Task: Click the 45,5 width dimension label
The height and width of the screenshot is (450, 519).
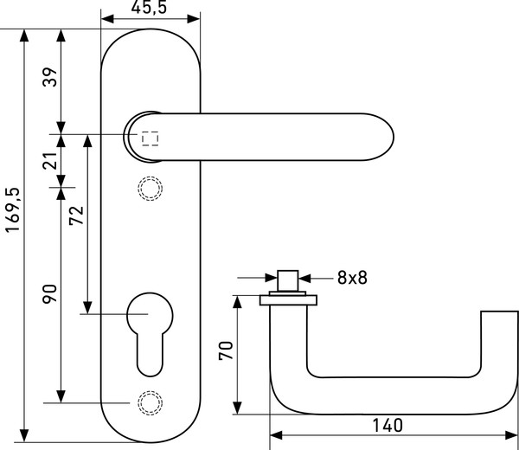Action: (149, 7)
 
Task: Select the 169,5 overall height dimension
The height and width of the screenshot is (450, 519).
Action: (13, 210)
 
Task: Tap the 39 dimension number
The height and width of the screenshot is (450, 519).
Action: (50, 77)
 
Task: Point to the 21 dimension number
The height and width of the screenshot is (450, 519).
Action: (50, 161)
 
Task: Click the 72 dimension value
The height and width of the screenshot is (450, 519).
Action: (76, 215)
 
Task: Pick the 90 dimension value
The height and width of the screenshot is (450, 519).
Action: (50, 293)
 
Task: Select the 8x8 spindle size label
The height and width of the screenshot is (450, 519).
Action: (352, 278)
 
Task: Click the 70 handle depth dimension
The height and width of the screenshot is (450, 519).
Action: (226, 350)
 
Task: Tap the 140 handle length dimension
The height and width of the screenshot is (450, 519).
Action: (388, 426)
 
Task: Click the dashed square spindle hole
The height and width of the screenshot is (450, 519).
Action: (151, 138)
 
